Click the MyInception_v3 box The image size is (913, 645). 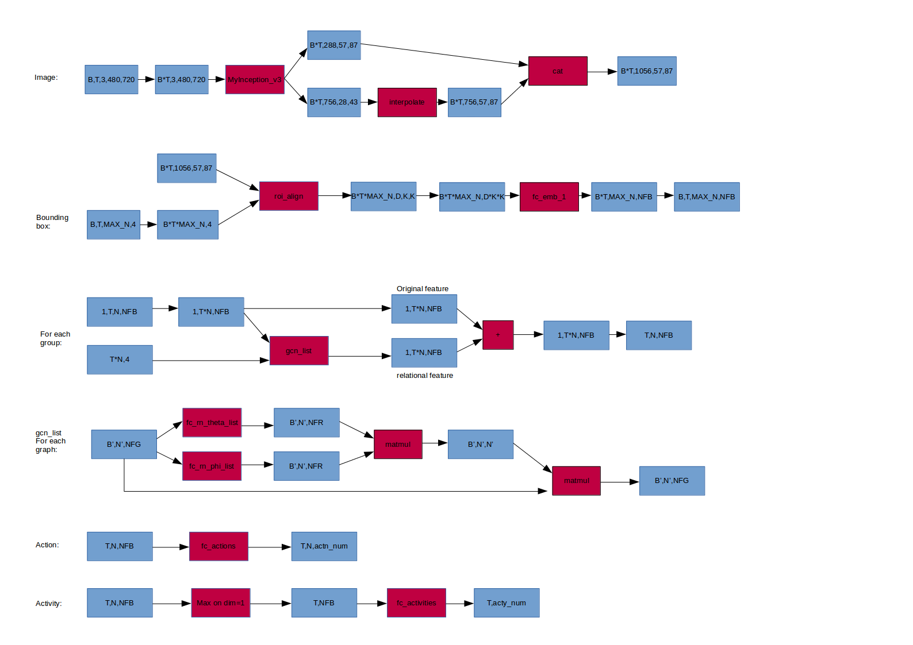pyautogui.click(x=255, y=79)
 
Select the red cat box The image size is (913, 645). pyautogui.click(x=558, y=71)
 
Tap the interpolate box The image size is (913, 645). pyautogui.click(x=407, y=102)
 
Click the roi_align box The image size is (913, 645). pyautogui.click(x=289, y=196)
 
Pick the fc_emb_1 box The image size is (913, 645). pyautogui.click(x=549, y=196)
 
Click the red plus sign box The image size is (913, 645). pyautogui.click(x=498, y=335)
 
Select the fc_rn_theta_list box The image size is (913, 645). pyautogui.click(x=212, y=422)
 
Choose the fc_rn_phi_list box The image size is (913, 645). pyautogui.click(x=212, y=466)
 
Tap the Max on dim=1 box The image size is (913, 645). pyautogui.click(x=220, y=602)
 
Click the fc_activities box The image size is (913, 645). pyautogui.click(x=416, y=602)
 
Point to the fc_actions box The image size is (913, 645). pyautogui.click(x=218, y=546)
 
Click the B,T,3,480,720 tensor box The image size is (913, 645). pyautogui.click(x=112, y=79)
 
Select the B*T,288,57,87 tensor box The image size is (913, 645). pyautogui.click(x=334, y=45)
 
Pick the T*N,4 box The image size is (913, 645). pyautogui.click(x=120, y=360)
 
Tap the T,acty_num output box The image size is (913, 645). pyautogui.click(x=507, y=602)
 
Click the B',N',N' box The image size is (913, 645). pyautogui.click(x=481, y=444)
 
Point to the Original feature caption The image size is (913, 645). pyautogui.click(x=423, y=288)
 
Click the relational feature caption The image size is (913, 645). pyautogui.click(x=425, y=375)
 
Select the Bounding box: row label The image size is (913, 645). pyautogui.click(x=52, y=221)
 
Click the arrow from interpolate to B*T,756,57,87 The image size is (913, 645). pyautogui.click(x=442, y=102)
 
